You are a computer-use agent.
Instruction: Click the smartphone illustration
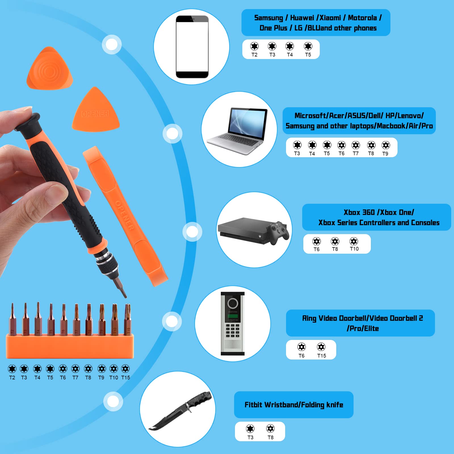pos(192,47)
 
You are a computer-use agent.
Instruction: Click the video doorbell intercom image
pos(233,323)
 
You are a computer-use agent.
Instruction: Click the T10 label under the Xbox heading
pos(354,249)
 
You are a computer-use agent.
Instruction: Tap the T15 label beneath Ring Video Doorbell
pos(321,356)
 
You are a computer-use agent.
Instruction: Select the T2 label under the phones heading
pos(254,55)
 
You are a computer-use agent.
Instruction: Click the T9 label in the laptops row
pos(385,154)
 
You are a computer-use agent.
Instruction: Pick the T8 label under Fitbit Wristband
pos(270,437)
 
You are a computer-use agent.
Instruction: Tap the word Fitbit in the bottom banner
pos(253,405)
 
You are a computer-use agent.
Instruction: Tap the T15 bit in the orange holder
pos(128,319)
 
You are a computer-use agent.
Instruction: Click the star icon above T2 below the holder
pos(12,369)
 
